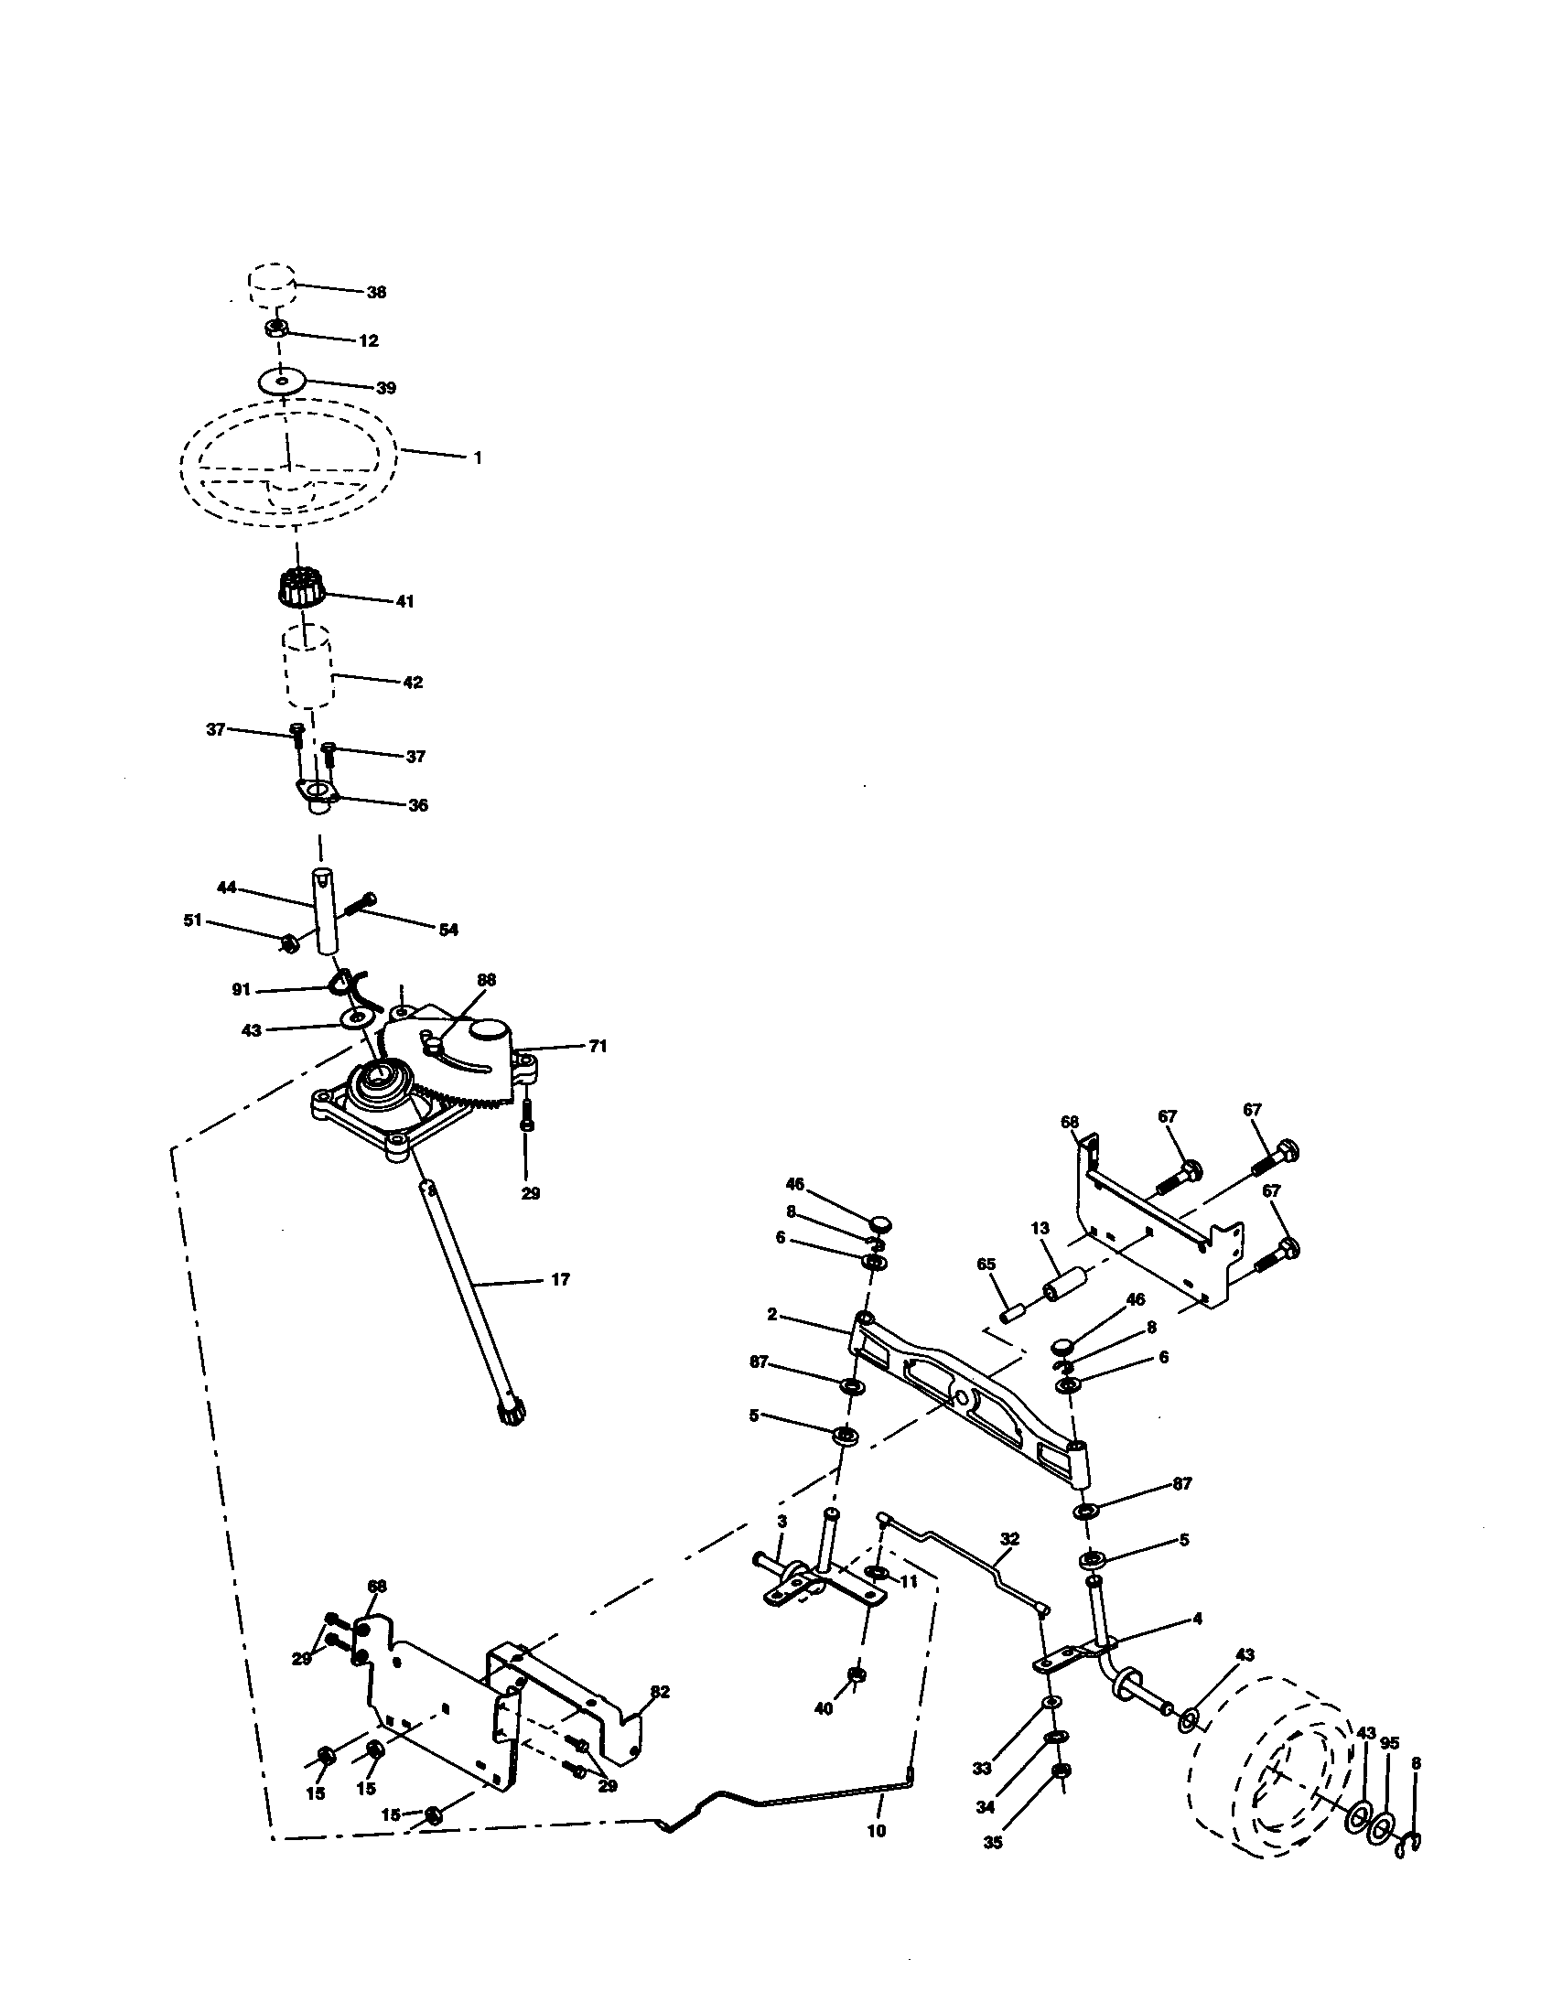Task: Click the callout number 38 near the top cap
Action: click(x=376, y=292)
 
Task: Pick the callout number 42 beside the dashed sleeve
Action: click(x=412, y=682)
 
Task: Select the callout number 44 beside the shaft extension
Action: click(x=227, y=887)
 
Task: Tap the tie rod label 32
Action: click(x=1010, y=1538)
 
